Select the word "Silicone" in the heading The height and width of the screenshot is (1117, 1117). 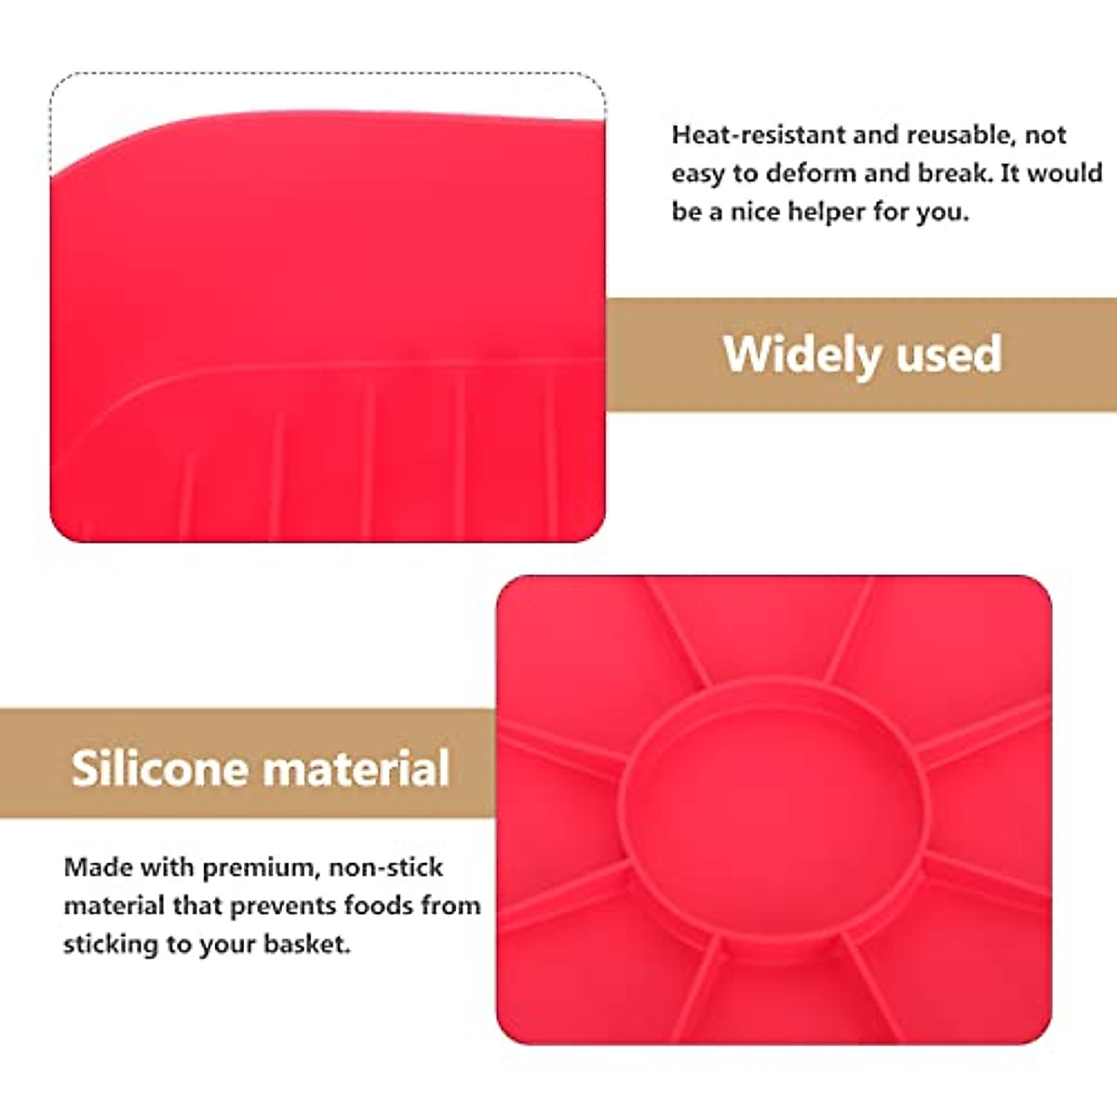(x=157, y=769)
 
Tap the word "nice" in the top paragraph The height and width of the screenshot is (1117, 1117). (x=755, y=212)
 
